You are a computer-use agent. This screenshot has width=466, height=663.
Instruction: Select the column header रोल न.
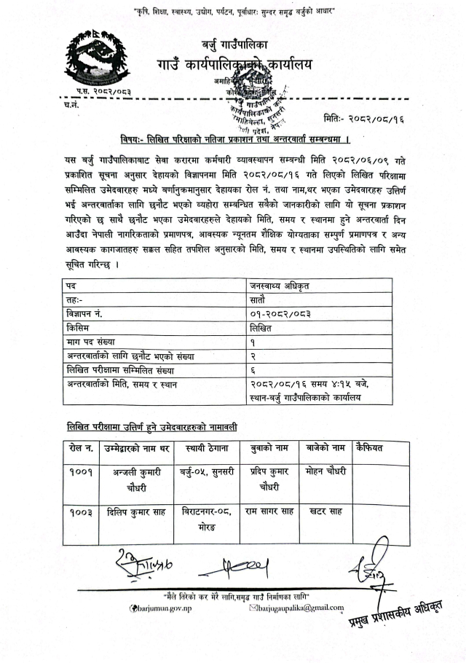tap(79, 447)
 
